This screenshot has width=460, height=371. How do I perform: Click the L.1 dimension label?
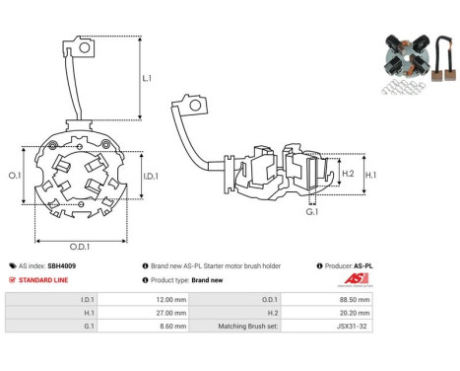[147, 78]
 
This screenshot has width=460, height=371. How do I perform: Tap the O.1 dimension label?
[15, 176]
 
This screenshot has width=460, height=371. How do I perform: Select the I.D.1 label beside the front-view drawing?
[151, 177]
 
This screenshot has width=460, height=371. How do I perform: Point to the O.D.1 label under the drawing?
[80, 247]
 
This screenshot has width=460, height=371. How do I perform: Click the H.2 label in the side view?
[348, 174]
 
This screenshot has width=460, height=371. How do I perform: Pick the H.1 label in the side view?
[371, 175]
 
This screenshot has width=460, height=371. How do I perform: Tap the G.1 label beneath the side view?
[312, 212]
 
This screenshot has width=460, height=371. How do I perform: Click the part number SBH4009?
[61, 265]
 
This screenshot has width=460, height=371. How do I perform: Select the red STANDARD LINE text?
[43, 280]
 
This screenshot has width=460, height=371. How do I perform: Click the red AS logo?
[356, 279]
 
